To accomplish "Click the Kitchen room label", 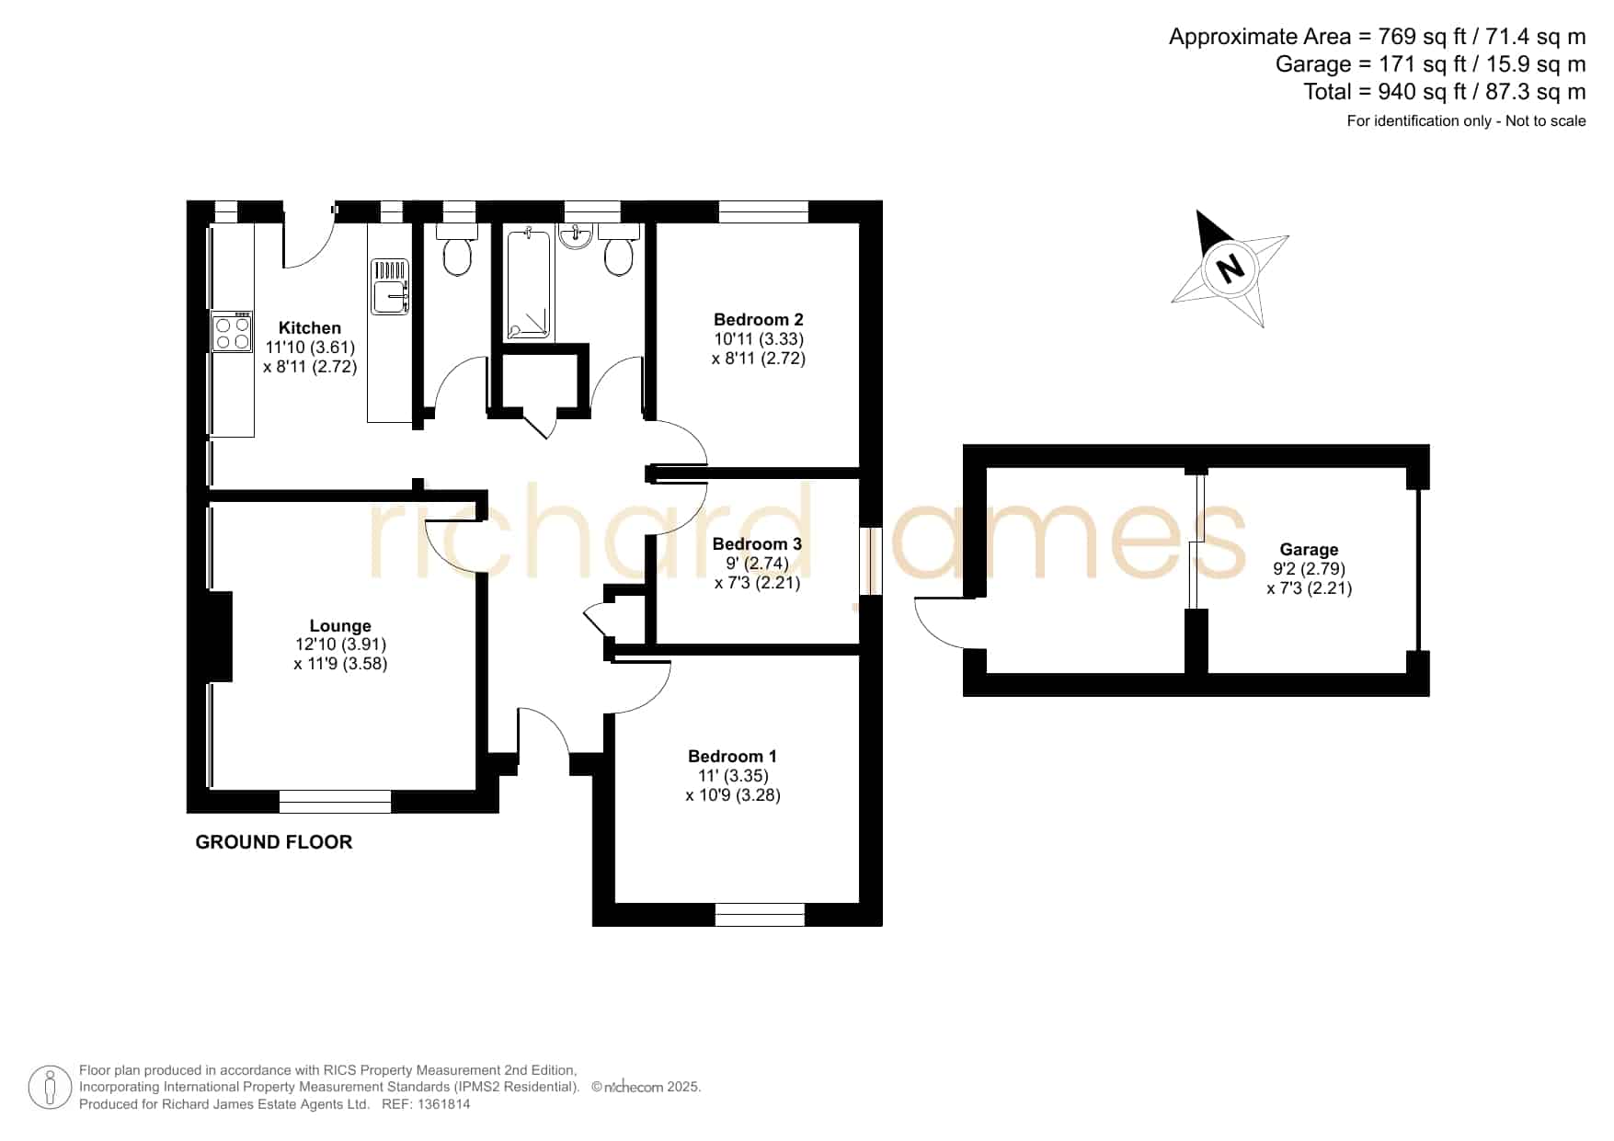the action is [310, 328].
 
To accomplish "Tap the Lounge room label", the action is [340, 626].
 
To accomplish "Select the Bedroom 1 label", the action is [732, 757].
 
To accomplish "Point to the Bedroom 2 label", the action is [759, 320].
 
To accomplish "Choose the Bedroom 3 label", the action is [757, 544].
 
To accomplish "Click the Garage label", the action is [1309, 550].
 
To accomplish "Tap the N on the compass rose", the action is [1230, 268].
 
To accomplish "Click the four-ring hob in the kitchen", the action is [232, 332].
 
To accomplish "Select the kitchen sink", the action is [390, 287].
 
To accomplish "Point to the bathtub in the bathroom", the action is [529, 285].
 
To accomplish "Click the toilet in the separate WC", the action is [457, 249].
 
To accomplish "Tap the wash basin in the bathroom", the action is [576, 236].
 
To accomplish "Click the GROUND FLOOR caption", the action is [274, 842].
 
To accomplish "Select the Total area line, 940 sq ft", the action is [1444, 92].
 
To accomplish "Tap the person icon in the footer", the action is [50, 1088].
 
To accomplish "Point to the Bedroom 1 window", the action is [760, 915].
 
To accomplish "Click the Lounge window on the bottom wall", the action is [335, 802].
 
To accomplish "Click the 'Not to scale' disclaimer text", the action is [1546, 121].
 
